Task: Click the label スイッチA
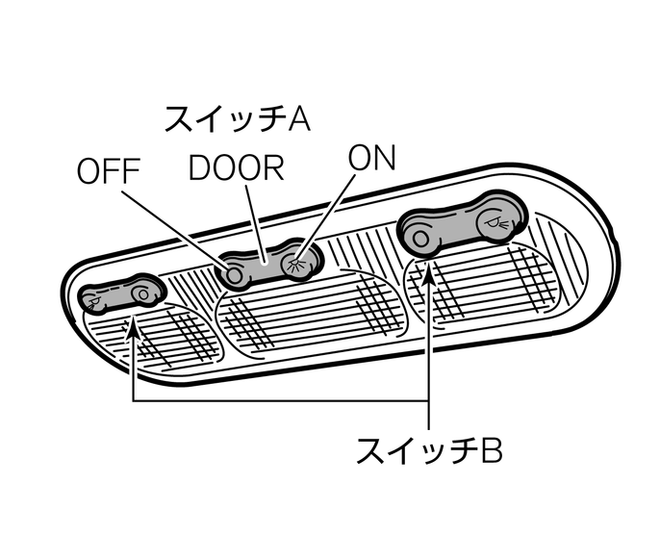(x=235, y=119)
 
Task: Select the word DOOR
(x=237, y=167)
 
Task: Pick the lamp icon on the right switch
(x=495, y=222)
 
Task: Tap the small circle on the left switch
(x=143, y=292)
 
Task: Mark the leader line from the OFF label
(x=178, y=226)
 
